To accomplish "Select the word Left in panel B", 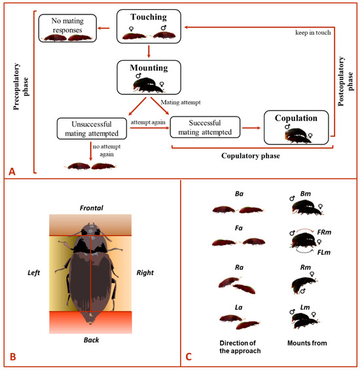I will pyautogui.click(x=34, y=270).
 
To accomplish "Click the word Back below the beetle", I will pyautogui.click(x=90, y=341).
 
